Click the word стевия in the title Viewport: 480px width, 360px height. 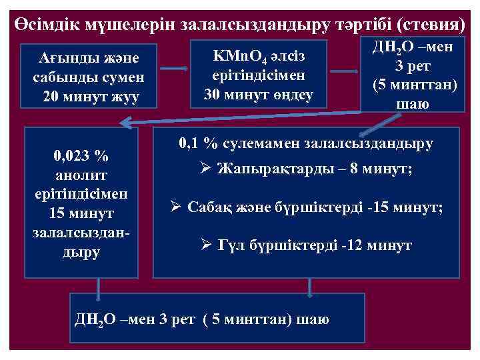point(431,24)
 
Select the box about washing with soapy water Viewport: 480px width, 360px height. point(89,77)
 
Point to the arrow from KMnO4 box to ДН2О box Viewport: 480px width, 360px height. point(344,72)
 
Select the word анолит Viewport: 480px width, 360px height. point(81,176)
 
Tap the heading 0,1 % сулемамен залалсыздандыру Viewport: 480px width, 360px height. point(305,143)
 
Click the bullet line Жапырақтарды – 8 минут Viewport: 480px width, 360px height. point(313,169)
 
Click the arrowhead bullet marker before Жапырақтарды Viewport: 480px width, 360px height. point(207,169)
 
